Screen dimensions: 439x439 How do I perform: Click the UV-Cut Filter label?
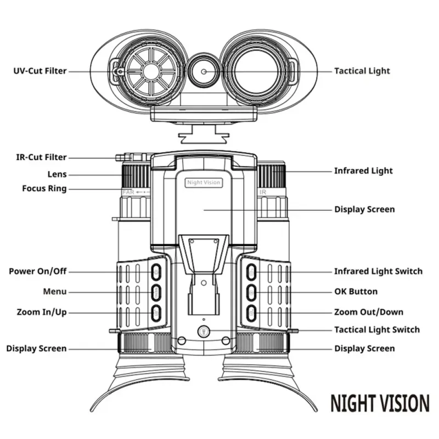click(41, 71)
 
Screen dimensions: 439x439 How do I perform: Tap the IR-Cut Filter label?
click(41, 157)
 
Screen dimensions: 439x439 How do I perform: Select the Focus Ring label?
click(44, 189)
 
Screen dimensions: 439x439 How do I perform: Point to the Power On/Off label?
click(38, 272)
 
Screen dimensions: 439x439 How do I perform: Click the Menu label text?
click(55, 292)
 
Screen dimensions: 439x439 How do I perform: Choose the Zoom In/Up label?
click(42, 312)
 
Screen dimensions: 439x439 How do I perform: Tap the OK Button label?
click(356, 292)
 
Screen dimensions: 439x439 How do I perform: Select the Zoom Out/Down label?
click(369, 312)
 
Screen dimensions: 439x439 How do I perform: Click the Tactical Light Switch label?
click(377, 330)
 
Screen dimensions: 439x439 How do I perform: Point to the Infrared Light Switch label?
click(378, 272)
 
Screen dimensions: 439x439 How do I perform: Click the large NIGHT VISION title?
click(380, 403)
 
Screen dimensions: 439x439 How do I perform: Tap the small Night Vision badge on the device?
click(204, 183)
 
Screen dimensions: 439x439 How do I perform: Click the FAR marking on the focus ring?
click(128, 193)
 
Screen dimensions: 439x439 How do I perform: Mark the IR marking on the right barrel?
click(262, 193)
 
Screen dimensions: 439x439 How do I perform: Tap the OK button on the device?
click(251, 291)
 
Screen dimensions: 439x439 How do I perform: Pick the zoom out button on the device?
click(251, 312)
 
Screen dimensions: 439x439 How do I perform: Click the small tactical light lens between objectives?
click(204, 71)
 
